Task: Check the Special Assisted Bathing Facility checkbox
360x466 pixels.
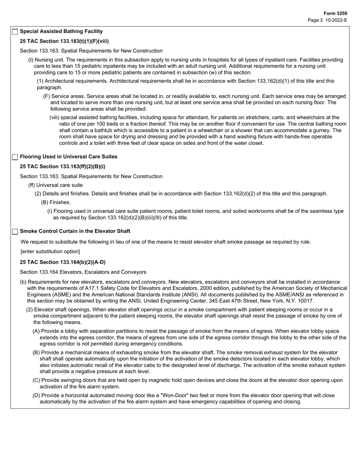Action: [x=15, y=32]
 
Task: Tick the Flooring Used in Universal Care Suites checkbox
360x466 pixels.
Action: [x=15, y=157]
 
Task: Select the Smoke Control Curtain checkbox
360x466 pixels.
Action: [x=15, y=231]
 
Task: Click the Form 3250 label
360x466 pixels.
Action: [x=335, y=13]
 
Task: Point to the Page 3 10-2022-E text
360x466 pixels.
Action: [x=327, y=20]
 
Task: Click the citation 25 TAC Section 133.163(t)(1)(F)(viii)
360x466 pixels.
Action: [x=64, y=41]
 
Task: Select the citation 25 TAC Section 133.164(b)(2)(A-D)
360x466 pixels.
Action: [x=63, y=262]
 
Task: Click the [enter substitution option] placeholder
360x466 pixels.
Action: [x=50, y=252]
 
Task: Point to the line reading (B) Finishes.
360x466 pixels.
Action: [x=56, y=202]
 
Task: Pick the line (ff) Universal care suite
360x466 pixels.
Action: [x=55, y=185]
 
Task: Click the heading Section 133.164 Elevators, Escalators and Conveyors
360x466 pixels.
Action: [x=83, y=272]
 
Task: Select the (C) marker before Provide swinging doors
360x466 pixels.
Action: [x=36, y=380]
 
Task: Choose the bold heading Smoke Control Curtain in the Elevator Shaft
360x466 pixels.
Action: [x=75, y=231]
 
